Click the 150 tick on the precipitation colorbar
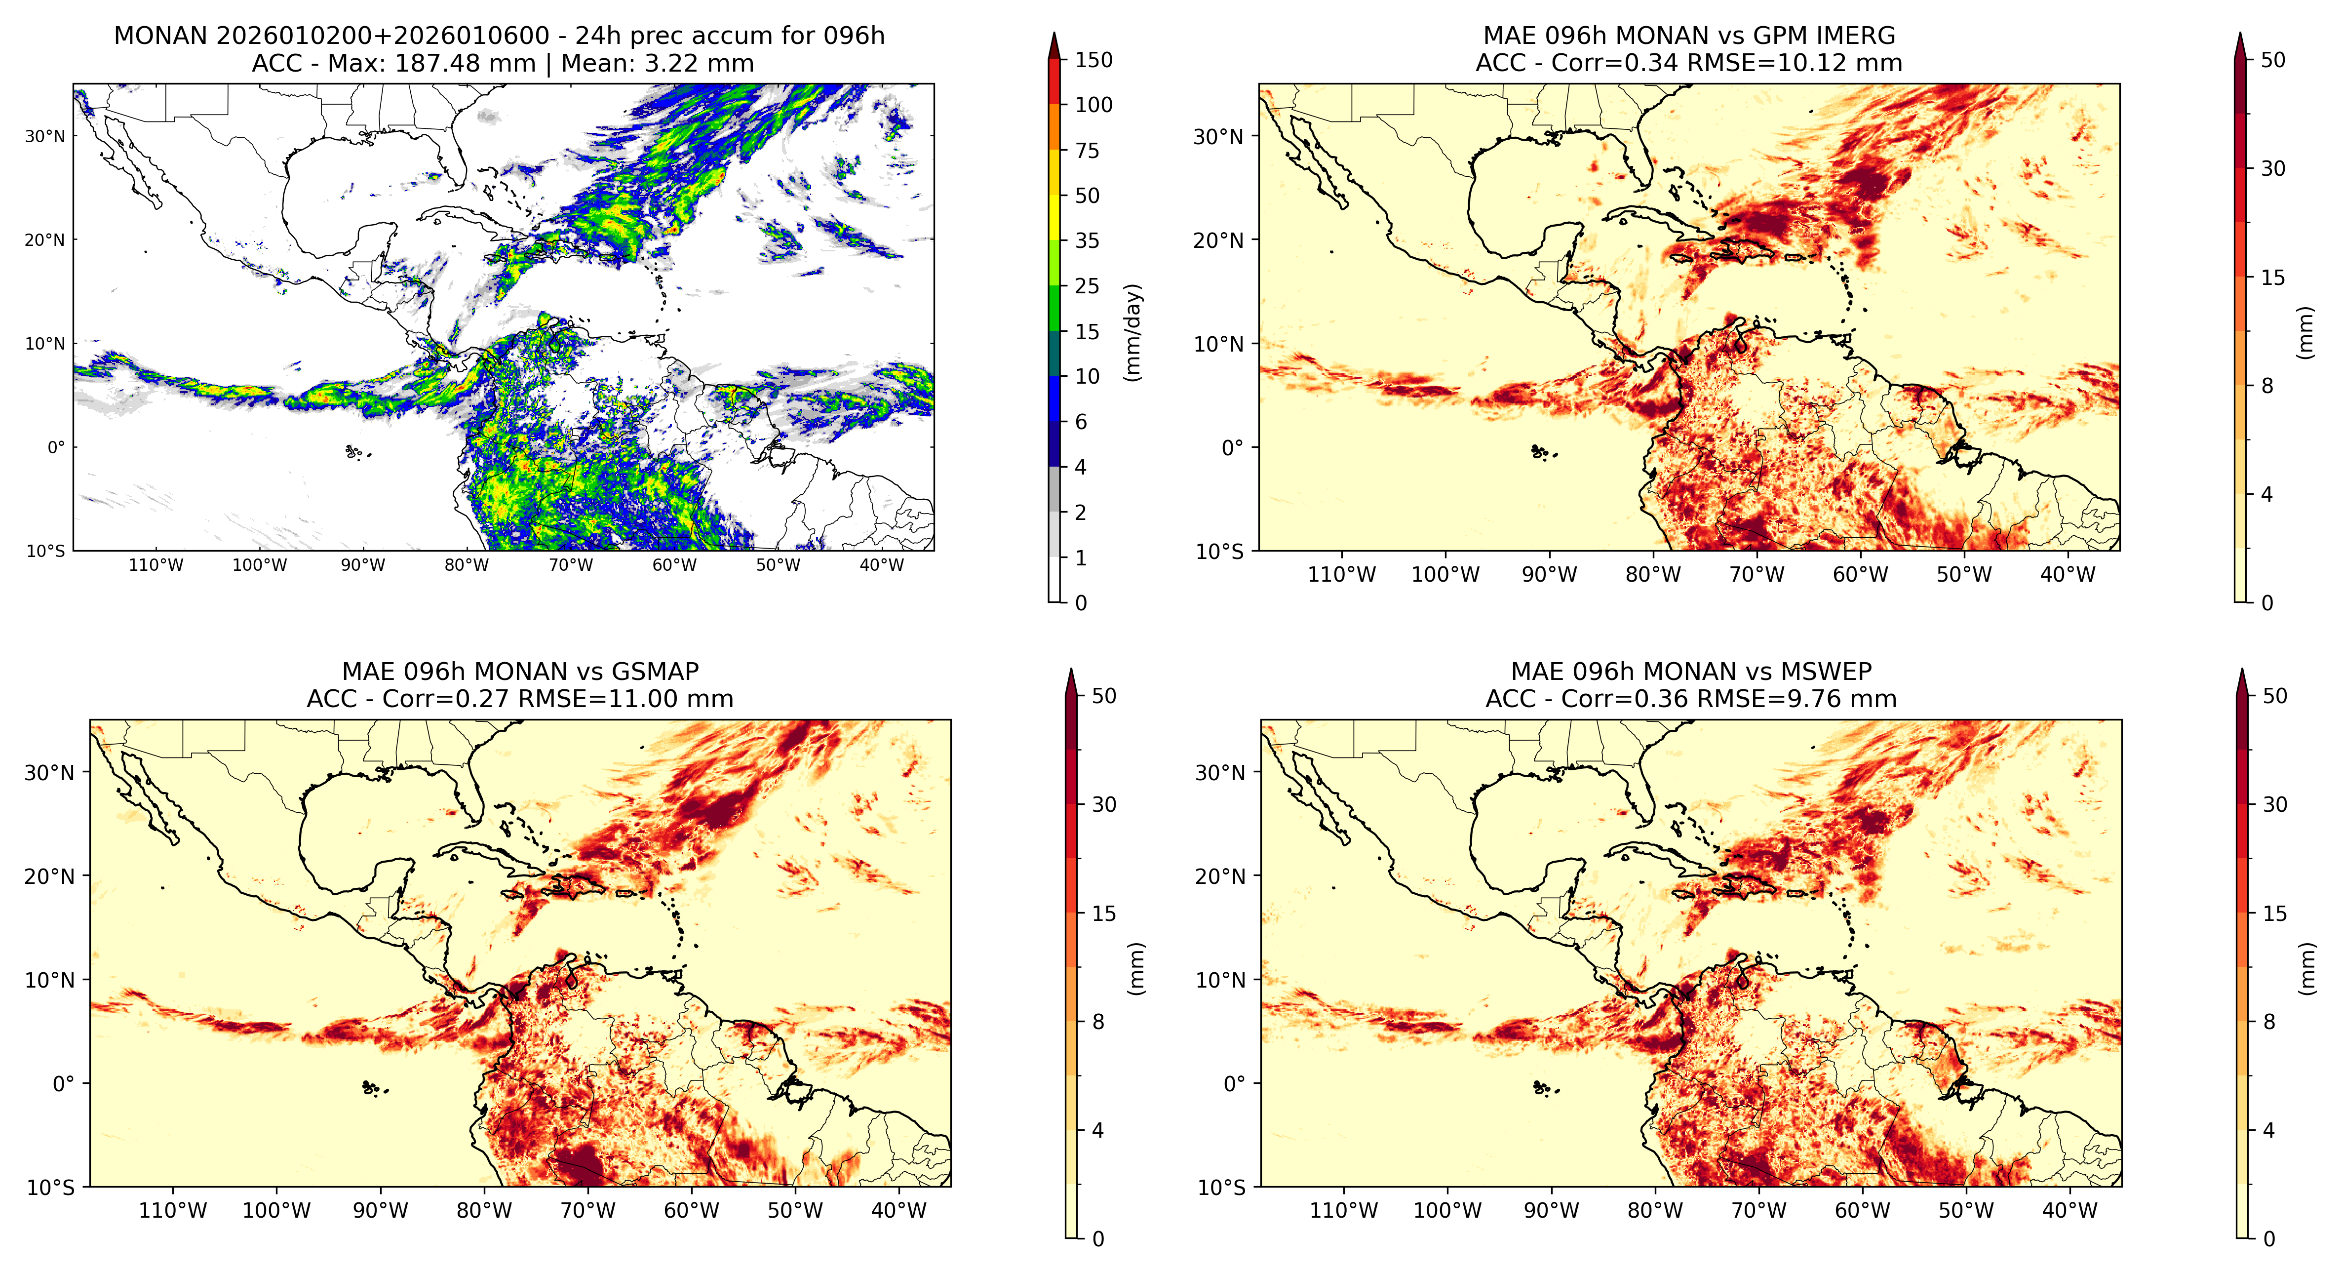pyautogui.click(x=1093, y=60)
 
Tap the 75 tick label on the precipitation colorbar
pyautogui.click(x=1088, y=151)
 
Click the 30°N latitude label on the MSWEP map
pyautogui.click(x=1219, y=773)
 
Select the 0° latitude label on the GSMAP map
pyautogui.click(x=64, y=1084)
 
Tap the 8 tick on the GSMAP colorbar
pyautogui.click(x=1098, y=1022)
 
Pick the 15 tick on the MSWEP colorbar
pyautogui.click(x=2275, y=914)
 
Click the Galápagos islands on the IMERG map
pyautogui.click(x=1541, y=451)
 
